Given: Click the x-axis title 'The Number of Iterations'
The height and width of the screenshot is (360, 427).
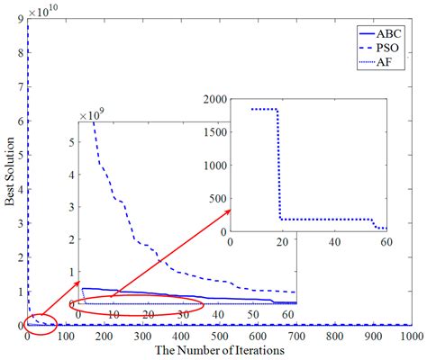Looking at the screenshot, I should click(x=220, y=349).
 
